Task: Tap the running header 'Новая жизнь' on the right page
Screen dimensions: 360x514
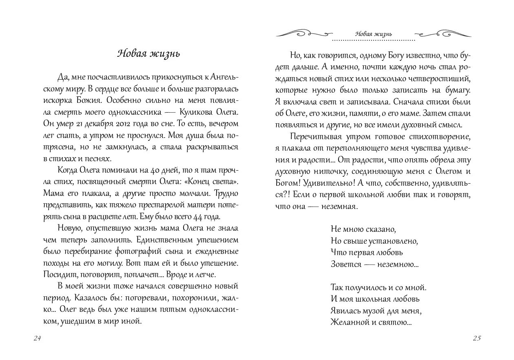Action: coord(373,33)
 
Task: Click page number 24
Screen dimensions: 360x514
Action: coord(38,338)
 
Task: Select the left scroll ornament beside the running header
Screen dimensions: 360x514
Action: coord(302,34)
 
